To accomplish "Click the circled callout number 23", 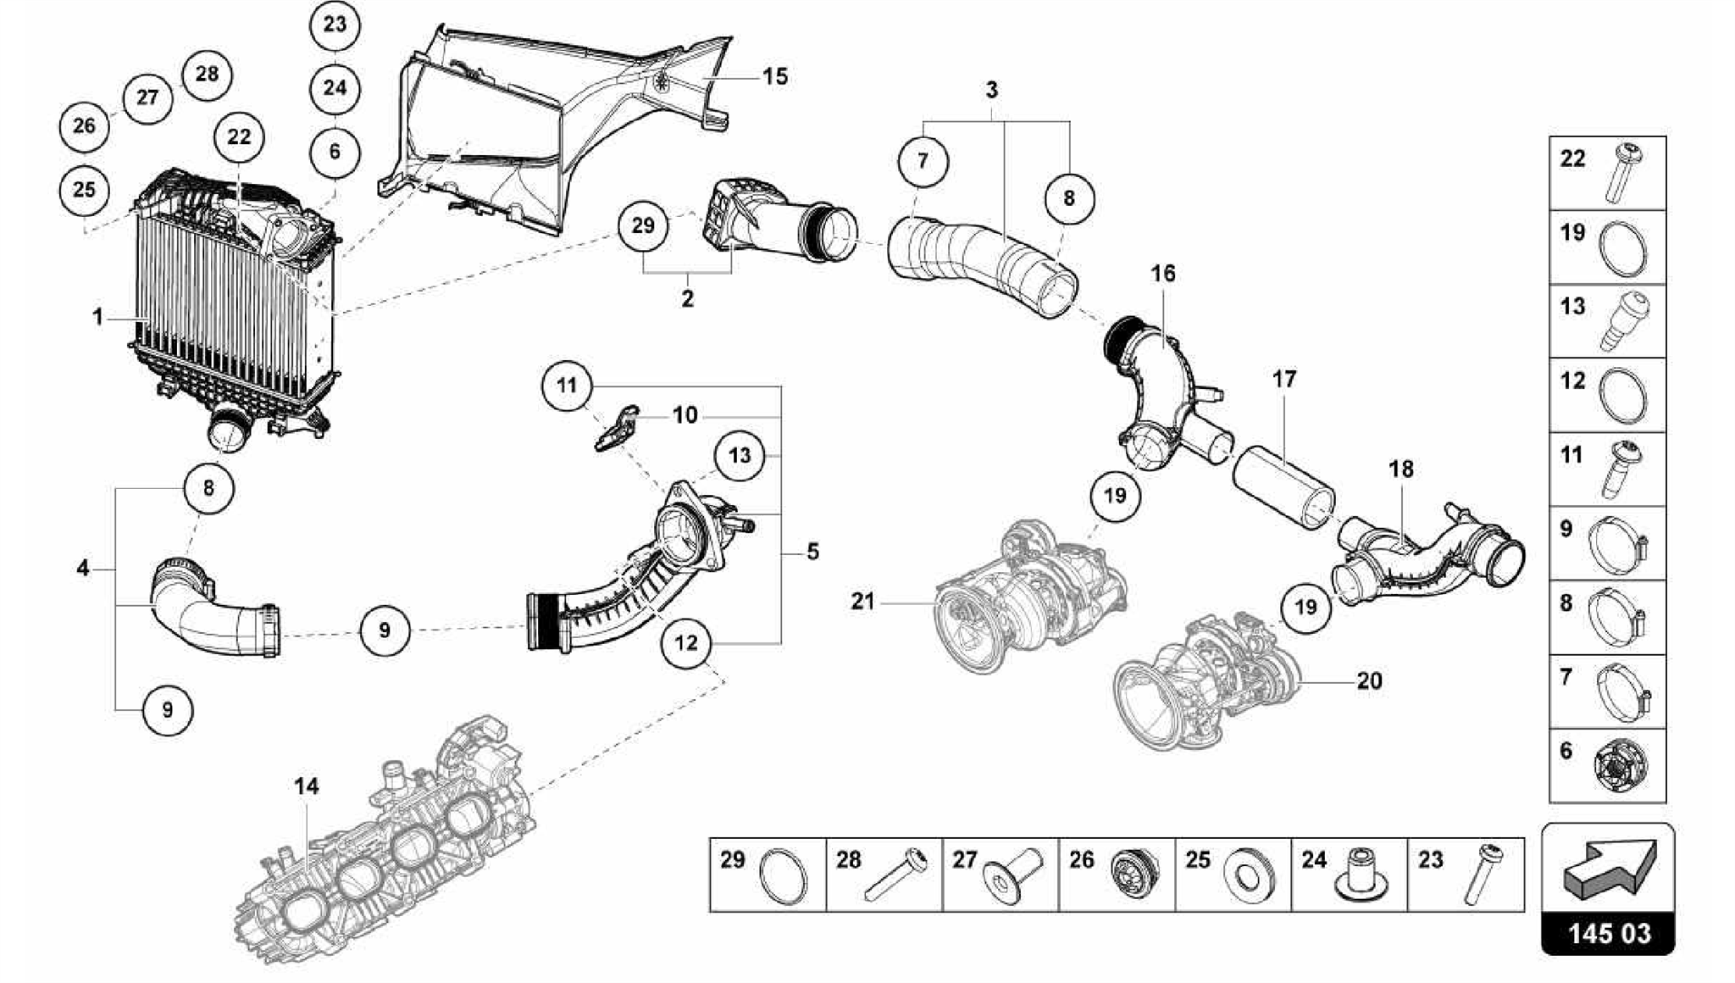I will (x=335, y=25).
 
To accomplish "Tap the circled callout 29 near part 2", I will (x=643, y=225).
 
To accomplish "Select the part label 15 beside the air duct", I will (x=774, y=77).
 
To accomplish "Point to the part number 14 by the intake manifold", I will (x=307, y=786).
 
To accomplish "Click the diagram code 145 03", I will (x=1608, y=934).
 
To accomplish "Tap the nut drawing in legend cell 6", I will (x=1620, y=771).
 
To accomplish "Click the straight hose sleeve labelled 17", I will (x=1283, y=489).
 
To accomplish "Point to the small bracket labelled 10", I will (x=618, y=428).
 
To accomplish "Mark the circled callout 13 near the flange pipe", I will (x=740, y=456).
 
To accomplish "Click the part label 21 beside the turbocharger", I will (x=862, y=602).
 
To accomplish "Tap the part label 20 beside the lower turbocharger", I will (x=1369, y=680).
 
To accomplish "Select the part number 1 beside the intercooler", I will (x=98, y=318).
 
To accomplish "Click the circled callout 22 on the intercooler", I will (x=239, y=137).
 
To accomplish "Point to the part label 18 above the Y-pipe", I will (x=1401, y=469).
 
